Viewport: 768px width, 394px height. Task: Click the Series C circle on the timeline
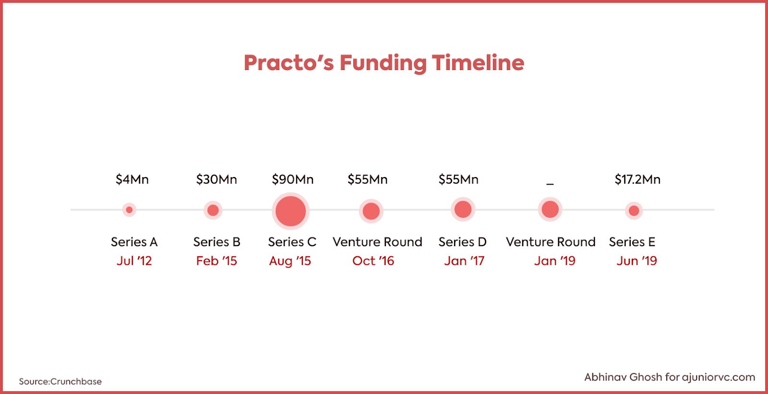[290, 211]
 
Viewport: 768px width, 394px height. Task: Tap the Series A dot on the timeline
[129, 210]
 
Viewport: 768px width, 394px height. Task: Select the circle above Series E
[634, 210]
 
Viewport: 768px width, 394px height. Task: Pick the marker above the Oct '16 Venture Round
[371, 211]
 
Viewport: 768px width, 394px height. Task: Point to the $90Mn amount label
[292, 179]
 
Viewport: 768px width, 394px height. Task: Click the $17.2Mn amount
[637, 179]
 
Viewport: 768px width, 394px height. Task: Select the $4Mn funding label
[132, 179]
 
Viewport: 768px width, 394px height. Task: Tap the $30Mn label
[216, 179]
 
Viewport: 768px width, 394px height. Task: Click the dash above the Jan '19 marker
[550, 184]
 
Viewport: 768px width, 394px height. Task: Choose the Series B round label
[216, 242]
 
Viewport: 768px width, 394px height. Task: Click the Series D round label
[463, 242]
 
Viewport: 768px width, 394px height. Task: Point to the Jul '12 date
[134, 261]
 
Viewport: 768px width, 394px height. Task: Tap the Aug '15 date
[290, 261]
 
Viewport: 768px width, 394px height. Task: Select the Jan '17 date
[464, 261]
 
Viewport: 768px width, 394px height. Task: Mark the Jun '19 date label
[636, 261]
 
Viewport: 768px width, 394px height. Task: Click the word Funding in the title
[383, 63]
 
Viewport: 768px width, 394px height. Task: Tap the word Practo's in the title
[288, 62]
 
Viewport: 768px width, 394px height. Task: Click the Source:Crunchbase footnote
[60, 382]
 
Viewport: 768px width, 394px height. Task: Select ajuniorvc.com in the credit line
[718, 378]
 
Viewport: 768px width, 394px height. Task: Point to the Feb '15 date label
[216, 261]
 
